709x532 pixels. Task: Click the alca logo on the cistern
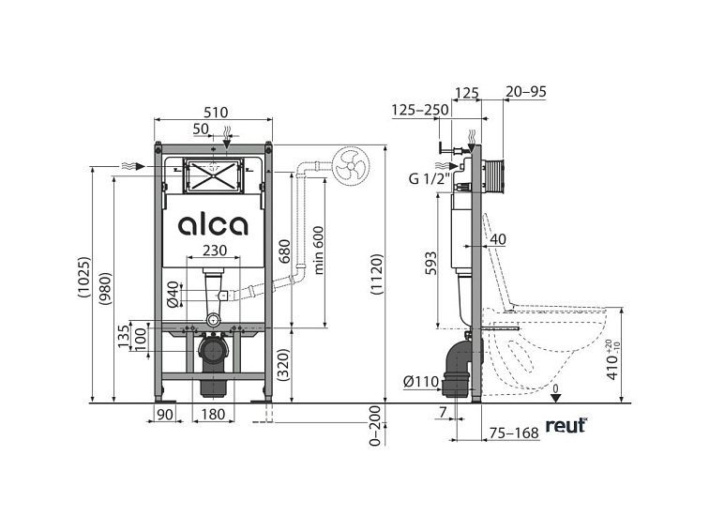[213, 225]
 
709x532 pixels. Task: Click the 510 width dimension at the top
[215, 111]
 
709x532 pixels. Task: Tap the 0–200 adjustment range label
[377, 428]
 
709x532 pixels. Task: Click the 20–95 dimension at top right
[526, 93]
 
